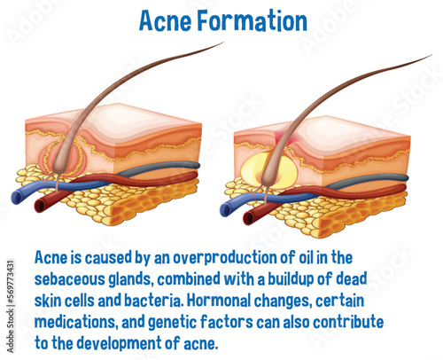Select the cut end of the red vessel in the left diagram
point(39,205)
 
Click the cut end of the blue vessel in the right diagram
point(226,209)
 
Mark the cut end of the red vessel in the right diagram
point(250,215)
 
